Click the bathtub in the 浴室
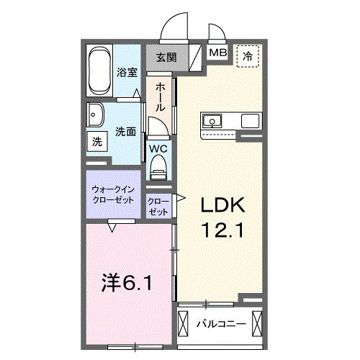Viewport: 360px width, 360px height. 99,71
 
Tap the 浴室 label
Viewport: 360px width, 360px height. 127,72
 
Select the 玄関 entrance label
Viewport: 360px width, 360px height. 166,58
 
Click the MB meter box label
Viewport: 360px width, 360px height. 217,53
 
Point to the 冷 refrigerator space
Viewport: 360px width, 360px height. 248,56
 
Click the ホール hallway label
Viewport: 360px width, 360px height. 160,97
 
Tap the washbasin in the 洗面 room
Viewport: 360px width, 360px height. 95,115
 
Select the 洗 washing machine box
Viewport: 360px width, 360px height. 97,141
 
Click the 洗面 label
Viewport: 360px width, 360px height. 126,132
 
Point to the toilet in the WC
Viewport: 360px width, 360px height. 158,167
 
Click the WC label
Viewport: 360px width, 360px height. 158,149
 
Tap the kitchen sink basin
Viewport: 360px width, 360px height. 212,121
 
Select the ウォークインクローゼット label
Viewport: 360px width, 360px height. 113,194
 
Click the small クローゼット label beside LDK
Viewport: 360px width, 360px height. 158,207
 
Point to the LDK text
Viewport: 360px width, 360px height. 222,204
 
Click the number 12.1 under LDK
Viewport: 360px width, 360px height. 223,230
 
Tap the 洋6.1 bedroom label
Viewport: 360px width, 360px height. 127,282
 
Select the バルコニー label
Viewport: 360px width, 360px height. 221,324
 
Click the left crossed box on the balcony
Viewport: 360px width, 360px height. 183,323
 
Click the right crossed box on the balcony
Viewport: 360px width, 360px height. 257,323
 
